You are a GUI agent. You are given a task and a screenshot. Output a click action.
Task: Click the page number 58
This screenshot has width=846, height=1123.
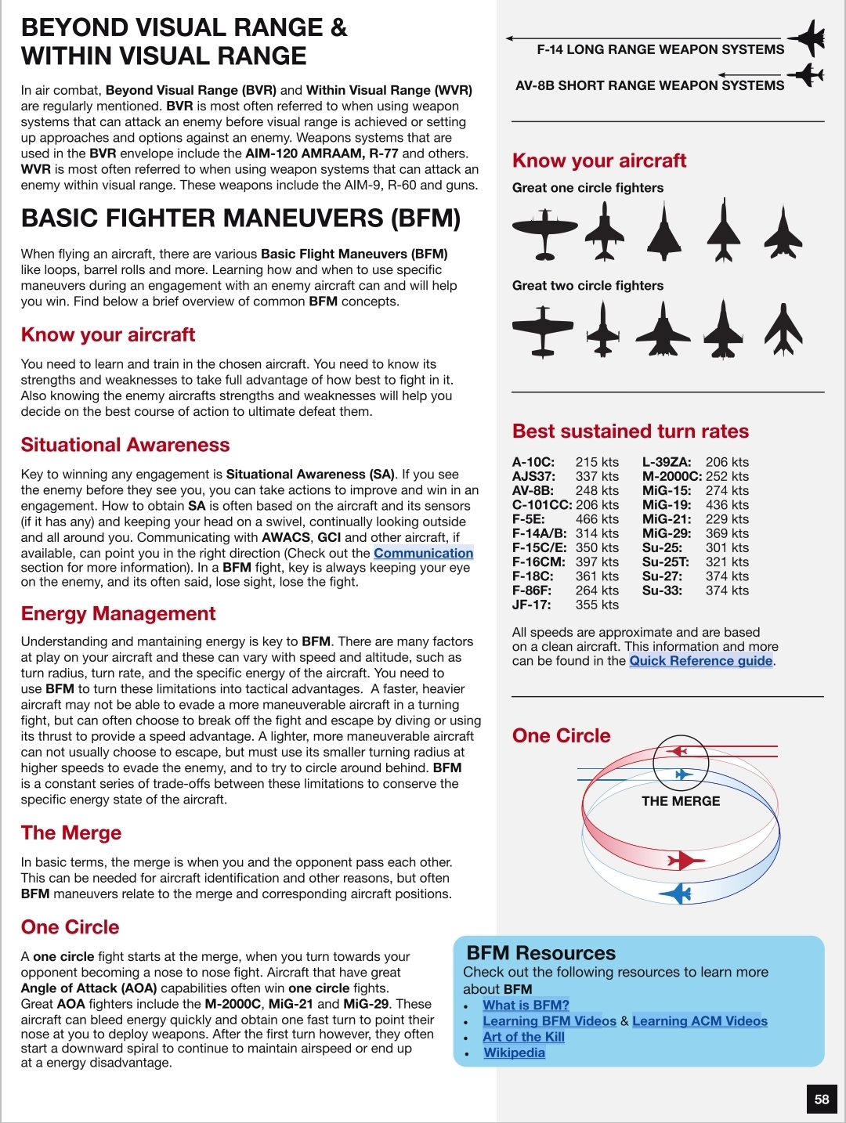pos(822,1099)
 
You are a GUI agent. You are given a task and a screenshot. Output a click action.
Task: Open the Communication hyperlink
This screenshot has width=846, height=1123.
pos(423,553)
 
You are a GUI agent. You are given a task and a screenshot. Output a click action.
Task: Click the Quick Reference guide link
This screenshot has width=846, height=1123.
pos(701,661)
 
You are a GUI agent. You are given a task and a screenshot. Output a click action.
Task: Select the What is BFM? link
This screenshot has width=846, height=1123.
pos(526,1005)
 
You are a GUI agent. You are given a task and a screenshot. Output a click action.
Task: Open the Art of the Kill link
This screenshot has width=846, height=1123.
pos(523,1037)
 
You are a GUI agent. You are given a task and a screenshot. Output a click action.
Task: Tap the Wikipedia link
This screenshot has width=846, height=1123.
pos(514,1053)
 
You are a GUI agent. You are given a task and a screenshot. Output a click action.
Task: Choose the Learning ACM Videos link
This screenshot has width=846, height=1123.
pos(700,1021)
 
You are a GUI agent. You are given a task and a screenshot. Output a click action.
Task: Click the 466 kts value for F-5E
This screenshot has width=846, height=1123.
pos(597,519)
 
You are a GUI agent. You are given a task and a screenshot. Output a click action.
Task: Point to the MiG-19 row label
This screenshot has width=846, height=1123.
pos(667,505)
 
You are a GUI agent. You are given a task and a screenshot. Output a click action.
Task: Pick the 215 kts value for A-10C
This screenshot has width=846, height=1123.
pos(597,462)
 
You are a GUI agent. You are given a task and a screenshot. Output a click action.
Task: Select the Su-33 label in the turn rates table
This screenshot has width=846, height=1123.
pos(662,590)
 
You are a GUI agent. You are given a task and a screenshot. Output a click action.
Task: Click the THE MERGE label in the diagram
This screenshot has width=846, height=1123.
pos(681,801)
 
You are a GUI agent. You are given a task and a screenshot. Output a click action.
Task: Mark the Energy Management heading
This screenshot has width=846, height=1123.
pos(118,614)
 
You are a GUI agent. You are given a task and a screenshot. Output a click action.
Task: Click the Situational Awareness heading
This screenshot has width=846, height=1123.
pos(125,445)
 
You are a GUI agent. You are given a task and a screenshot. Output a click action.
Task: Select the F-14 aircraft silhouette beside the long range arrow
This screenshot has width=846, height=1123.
pos(807,38)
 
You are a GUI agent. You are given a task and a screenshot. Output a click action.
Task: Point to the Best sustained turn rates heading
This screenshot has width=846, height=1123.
pos(631,432)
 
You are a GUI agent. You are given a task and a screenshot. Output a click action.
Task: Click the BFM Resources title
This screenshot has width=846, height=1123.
pos(541,953)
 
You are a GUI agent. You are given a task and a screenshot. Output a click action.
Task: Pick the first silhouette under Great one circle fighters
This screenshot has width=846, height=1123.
pos(544,233)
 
